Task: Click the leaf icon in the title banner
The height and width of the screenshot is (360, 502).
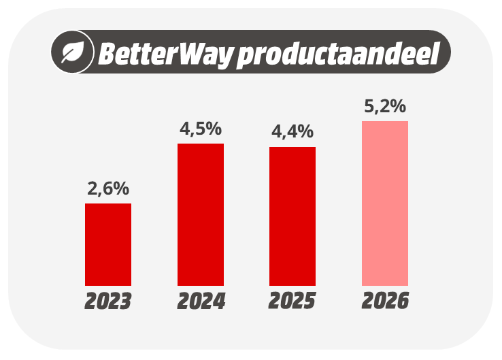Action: coord(71,52)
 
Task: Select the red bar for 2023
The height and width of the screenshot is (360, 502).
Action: coord(108,244)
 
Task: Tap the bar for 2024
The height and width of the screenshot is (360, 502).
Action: coord(201,214)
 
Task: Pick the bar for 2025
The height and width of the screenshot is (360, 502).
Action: coord(292,216)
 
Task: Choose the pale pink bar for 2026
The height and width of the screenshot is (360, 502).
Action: coord(385,203)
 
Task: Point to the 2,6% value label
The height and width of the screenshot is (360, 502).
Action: coord(108,189)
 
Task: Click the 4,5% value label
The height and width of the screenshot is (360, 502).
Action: coord(201,129)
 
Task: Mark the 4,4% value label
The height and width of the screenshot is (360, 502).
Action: coord(292,132)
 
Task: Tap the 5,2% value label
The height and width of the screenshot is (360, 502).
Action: coord(385,106)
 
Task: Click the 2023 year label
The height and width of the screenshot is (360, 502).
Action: coord(108,301)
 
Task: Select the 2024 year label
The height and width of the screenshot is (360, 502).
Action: coord(201,301)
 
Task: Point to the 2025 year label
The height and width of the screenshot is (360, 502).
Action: coord(292,301)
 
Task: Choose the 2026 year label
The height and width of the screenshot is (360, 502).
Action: coord(385,301)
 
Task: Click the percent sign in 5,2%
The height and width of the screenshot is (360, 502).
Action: coord(399,106)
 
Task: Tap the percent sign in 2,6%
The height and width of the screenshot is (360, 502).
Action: coord(122,189)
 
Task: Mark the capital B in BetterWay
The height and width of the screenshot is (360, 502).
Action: coord(107,53)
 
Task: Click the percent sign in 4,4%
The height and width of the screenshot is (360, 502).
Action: coord(306,132)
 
